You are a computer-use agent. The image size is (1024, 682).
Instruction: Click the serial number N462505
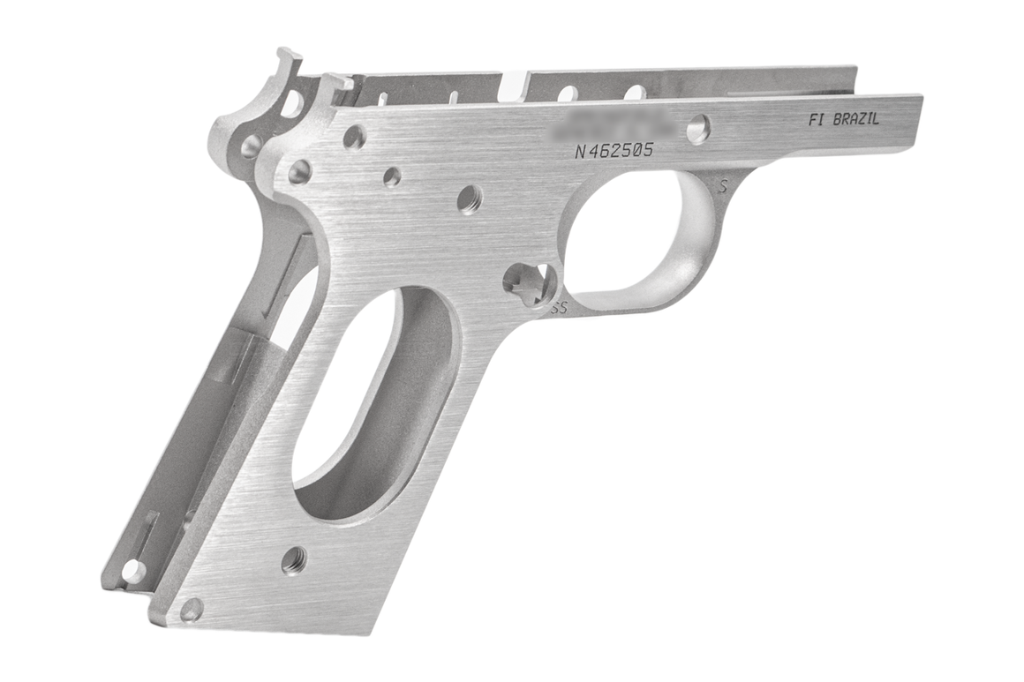pyautogui.click(x=614, y=150)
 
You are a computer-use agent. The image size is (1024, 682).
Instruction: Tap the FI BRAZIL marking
pyautogui.click(x=843, y=121)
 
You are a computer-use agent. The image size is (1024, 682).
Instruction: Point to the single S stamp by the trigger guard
pyautogui.click(x=723, y=186)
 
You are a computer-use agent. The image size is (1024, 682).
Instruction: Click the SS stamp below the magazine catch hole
pyautogui.click(x=558, y=308)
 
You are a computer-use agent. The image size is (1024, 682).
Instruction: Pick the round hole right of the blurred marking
pyautogui.click(x=698, y=130)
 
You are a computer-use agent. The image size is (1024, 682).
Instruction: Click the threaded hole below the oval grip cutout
pyautogui.click(x=294, y=558)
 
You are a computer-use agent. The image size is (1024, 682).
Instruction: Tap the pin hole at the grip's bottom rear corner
pyautogui.click(x=191, y=609)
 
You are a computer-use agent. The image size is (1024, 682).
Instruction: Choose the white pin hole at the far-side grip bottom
pyautogui.click(x=133, y=571)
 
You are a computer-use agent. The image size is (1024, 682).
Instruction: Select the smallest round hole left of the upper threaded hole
pyautogui.click(x=392, y=177)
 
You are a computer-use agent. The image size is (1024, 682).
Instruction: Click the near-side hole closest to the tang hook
pyautogui.click(x=355, y=138)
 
